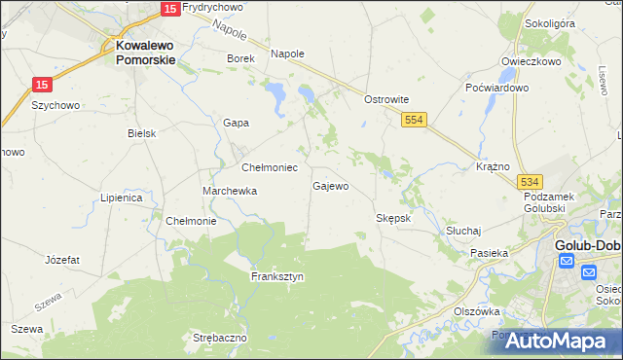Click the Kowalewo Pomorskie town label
(145, 52)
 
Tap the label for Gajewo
(330, 185)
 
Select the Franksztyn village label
(277, 276)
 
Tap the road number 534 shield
(530, 182)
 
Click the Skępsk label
(393, 218)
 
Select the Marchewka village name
(229, 191)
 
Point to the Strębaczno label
(220, 338)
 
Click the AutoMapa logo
(556, 341)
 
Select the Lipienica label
(122, 198)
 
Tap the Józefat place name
(62, 260)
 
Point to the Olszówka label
(476, 311)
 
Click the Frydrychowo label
(212, 7)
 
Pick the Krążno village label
(494, 166)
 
